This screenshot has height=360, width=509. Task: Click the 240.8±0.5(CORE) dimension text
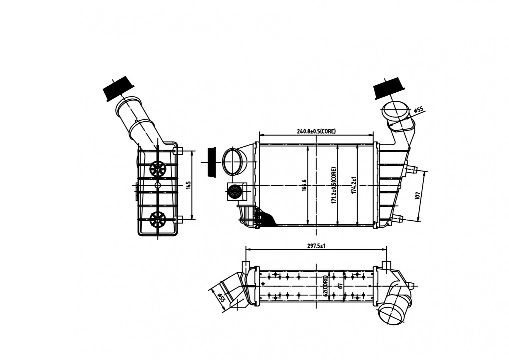316,131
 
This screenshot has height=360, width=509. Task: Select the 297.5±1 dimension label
316,246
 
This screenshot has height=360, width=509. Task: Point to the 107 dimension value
417,196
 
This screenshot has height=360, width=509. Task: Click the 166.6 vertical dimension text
304,185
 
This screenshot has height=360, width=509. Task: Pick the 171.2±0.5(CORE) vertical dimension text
333,185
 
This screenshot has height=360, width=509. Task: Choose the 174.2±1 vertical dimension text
354,185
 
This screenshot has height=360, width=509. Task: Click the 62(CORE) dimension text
325,286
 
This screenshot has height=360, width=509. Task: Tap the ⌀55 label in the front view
419,110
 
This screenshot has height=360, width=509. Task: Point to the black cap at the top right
389,88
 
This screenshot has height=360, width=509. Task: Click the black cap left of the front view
212,162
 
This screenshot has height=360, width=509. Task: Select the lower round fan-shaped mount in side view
158,219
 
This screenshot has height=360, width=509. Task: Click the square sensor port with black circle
237,191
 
